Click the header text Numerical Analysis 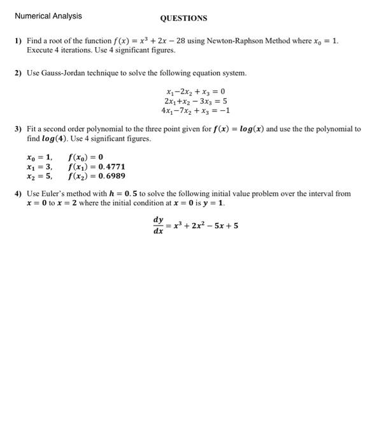pyautogui.click(x=39, y=16)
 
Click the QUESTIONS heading pyautogui.click(x=183, y=18)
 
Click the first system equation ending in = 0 pyautogui.click(x=195, y=91)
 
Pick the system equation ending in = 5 pyautogui.click(x=195, y=101)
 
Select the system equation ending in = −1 pyautogui.click(x=195, y=110)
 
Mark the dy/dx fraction pyautogui.click(x=157, y=226)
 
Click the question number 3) pyautogui.click(x=18, y=129)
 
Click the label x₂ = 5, pyautogui.click(x=39, y=175)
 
